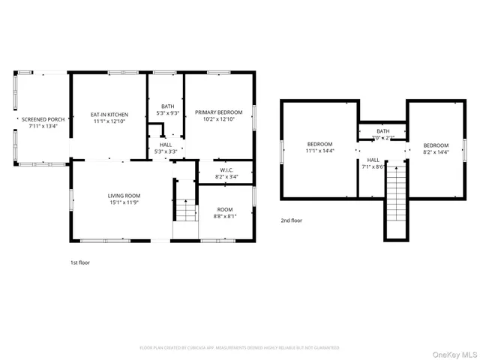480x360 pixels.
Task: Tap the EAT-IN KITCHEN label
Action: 109,115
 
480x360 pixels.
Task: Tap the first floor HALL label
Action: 165,145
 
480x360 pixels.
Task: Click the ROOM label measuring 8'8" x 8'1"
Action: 225,209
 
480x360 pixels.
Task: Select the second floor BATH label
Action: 382,131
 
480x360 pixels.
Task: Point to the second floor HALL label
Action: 373,160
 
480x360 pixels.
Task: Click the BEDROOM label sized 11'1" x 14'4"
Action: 319,143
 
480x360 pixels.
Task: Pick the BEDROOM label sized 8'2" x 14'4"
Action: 435,145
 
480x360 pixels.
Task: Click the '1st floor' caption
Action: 80,263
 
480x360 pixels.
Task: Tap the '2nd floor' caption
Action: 291,220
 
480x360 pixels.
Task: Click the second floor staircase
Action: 396,199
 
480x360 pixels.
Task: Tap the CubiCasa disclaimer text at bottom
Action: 239,348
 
